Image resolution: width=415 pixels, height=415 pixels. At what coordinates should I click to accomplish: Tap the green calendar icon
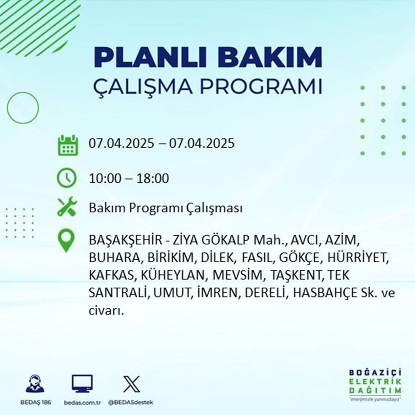click(x=67, y=144)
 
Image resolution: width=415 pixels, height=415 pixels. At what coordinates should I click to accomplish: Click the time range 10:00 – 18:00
click(x=129, y=179)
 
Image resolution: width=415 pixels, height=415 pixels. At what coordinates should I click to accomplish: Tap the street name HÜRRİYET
click(x=357, y=258)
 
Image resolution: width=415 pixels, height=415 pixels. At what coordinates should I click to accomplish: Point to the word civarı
click(x=106, y=310)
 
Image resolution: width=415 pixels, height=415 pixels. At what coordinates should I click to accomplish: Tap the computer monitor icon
click(x=82, y=384)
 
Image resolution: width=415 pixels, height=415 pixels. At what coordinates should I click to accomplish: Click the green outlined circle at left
click(x=23, y=107)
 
